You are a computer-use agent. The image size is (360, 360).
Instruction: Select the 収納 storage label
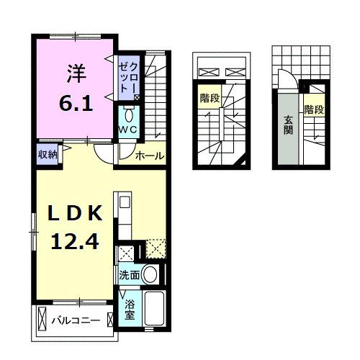tap(48, 153)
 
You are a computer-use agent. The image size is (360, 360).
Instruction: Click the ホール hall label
tap(150, 156)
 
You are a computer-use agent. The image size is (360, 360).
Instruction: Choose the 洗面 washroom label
tap(129, 275)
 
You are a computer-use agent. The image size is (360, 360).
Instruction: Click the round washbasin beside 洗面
tap(150, 274)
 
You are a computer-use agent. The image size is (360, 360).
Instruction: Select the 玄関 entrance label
tap(288, 126)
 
